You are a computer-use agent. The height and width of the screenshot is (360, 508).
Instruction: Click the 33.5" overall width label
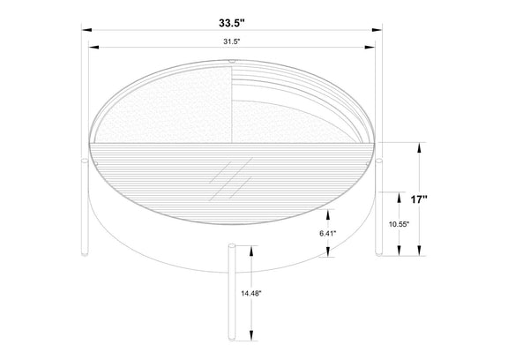click(x=232, y=23)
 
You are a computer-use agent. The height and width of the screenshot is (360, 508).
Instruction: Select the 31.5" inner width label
click(x=231, y=41)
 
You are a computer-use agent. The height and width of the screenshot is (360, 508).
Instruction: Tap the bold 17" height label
click(x=419, y=199)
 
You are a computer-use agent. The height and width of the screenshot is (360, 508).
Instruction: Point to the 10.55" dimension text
click(x=400, y=223)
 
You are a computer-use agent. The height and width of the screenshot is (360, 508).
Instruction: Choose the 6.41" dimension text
click(x=328, y=233)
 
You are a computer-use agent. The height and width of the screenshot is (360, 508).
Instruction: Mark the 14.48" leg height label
click(x=251, y=294)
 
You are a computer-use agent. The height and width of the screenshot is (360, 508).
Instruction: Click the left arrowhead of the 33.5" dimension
click(x=86, y=30)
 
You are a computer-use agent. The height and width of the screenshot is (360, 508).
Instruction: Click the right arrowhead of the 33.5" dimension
click(x=377, y=30)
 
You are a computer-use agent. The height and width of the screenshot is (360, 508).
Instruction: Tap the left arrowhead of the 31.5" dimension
click(x=93, y=48)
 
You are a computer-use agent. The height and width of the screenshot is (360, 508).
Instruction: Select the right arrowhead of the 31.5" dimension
click(x=370, y=48)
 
